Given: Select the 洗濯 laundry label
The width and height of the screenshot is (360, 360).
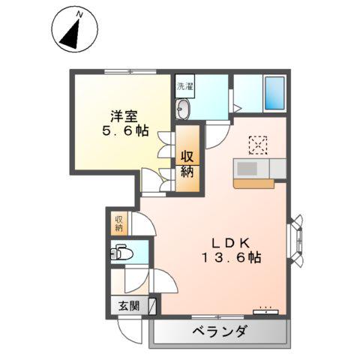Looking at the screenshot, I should coord(184,86).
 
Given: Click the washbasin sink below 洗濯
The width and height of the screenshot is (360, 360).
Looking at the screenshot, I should coord(184,109).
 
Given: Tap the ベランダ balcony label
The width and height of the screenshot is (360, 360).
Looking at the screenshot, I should coord(219,331).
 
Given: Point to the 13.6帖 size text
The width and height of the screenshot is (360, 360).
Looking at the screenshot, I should coord(230,257).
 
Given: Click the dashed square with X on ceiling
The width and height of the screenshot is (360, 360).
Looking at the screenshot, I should coord(258,144).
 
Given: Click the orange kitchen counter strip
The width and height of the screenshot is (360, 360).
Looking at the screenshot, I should coord(253,182).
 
